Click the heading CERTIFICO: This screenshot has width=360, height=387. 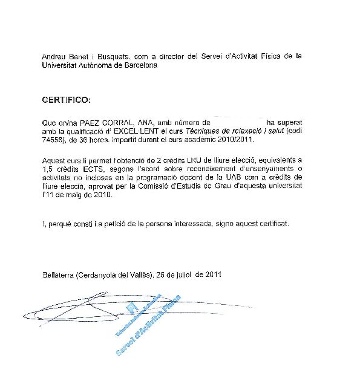click(x=65, y=99)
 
